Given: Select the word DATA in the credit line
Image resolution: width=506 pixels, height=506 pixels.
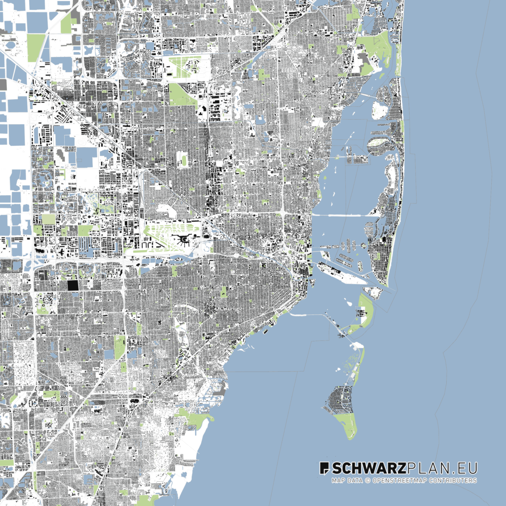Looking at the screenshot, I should [354, 480].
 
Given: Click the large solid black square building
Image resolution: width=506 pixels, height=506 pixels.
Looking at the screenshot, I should [73, 286].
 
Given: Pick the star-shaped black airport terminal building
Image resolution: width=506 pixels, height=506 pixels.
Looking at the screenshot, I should [184, 240].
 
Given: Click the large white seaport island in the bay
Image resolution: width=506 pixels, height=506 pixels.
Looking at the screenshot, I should [341, 273].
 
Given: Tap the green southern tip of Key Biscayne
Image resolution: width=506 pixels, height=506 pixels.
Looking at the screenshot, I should [348, 424].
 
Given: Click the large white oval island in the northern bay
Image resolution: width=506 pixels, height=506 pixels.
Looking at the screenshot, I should [379, 110].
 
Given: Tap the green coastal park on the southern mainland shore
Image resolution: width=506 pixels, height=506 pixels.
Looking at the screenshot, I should [195, 420].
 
